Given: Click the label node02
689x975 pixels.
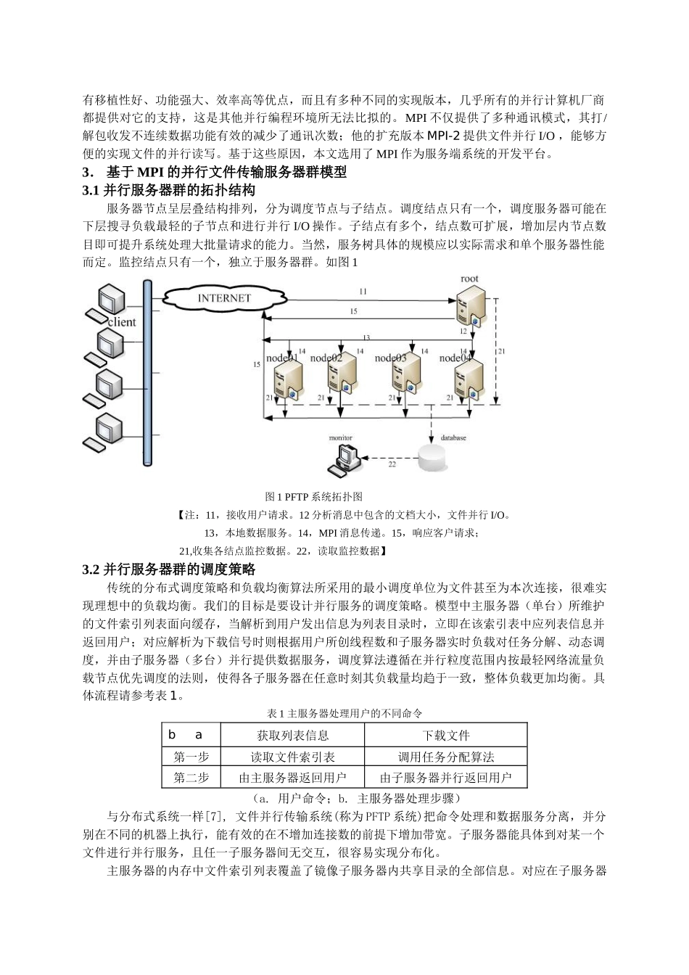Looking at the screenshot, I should (x=326, y=358).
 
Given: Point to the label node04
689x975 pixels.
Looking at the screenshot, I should (x=455, y=358).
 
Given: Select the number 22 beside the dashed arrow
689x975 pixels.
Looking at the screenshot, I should (x=392, y=464).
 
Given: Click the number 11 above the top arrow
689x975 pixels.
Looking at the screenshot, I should (x=363, y=291).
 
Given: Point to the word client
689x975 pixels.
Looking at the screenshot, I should (x=121, y=322).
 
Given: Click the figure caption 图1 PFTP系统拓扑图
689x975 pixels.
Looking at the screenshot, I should (x=314, y=497).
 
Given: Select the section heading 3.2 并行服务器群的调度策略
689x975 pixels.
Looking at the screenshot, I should (x=169, y=569).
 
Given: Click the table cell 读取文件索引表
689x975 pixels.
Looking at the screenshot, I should (x=292, y=757).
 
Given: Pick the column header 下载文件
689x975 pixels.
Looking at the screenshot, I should (x=445, y=735).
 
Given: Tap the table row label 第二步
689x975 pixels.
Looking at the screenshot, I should (x=191, y=778).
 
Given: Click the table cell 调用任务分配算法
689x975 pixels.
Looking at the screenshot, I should (x=445, y=757).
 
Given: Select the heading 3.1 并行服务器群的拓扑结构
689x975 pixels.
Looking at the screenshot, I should (x=169, y=191).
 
